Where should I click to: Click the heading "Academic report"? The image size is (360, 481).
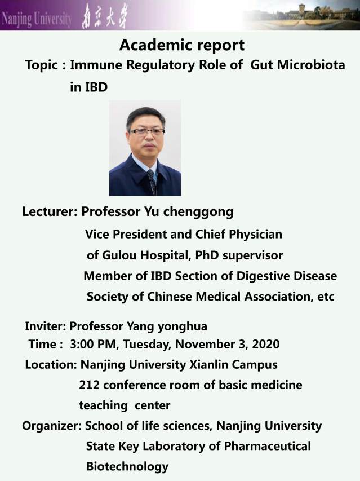182,46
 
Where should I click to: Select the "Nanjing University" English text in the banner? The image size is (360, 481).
37,19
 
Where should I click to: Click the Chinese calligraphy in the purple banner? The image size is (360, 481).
104,17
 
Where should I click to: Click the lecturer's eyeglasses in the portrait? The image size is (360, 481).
146,132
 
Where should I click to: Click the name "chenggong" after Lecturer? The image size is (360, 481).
198,212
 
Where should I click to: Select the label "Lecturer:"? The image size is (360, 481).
50,211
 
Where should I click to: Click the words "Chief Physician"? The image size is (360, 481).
239,235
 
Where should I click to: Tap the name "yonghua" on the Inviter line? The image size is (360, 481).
183,326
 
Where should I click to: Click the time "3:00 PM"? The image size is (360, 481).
93,344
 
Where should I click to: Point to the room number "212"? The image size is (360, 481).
89,385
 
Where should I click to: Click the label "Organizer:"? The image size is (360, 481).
52,426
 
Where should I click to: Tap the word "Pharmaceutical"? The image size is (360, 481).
267,446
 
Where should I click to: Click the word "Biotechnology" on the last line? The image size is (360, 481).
127,466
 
